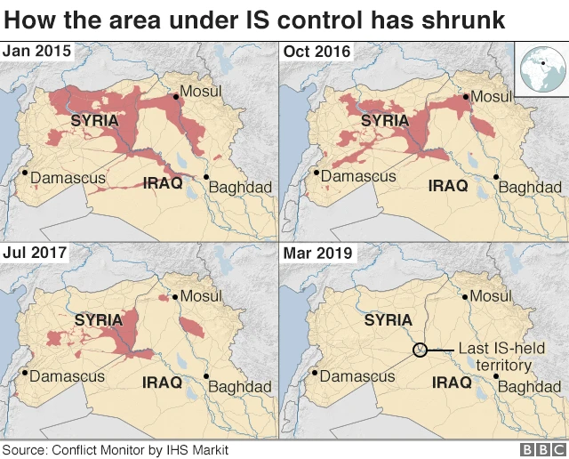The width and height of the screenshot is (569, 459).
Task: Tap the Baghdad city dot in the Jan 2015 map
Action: coord(206,178)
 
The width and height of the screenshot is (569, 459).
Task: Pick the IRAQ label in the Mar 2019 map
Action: coord(451,382)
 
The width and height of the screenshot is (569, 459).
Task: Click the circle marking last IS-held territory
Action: coord(421,350)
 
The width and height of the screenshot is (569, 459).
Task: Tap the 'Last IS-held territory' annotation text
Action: coord(495,358)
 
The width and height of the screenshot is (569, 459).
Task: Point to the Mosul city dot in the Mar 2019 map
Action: coord(463,298)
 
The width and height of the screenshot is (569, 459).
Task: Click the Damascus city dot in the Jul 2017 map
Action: coord(25,374)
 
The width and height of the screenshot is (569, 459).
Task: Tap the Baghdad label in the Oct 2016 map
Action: coord(530,188)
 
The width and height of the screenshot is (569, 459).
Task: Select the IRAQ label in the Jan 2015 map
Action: coord(163,183)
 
